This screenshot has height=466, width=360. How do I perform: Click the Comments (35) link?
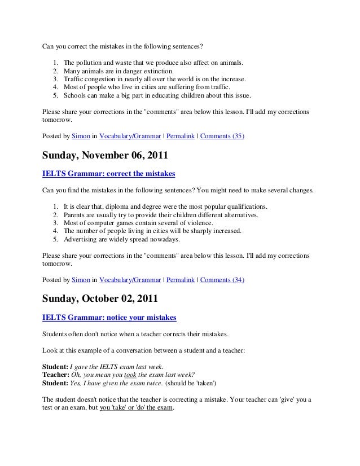pos(222,136)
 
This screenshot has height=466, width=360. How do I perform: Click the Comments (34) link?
pos(222,279)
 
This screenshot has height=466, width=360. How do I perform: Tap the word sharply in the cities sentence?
pos(193,232)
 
